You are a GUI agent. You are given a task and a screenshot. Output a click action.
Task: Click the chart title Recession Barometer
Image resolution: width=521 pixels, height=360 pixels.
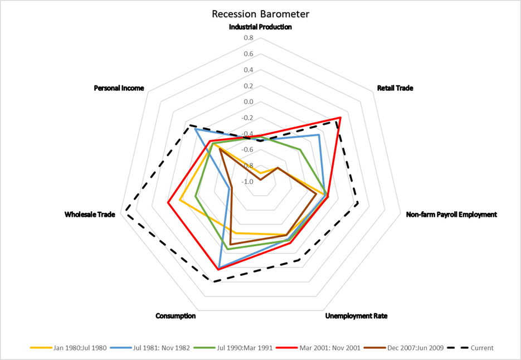260,13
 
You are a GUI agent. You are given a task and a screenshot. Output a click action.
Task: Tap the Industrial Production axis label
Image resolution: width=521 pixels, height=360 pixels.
260,27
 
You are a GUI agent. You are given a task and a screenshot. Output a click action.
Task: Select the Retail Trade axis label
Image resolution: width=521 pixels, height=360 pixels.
395,88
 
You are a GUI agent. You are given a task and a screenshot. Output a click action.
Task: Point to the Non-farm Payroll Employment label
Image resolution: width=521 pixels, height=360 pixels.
451,214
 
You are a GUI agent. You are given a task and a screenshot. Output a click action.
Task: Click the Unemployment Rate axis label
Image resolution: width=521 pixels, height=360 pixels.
356,316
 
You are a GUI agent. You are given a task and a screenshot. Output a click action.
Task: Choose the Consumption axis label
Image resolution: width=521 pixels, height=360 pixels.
176,316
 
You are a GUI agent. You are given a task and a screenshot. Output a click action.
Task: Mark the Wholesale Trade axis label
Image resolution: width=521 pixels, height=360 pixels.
90,214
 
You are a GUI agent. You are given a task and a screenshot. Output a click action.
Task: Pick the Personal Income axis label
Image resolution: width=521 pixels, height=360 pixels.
119,88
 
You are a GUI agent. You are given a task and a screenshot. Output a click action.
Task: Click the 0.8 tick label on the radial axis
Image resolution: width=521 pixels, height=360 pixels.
249,38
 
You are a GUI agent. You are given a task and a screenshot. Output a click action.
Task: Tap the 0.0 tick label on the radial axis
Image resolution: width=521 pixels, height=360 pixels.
249,102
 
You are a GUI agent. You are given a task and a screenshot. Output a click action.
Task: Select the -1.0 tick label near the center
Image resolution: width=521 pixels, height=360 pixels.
248,182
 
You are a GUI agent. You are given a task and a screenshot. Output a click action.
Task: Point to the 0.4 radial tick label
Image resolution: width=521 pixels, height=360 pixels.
249,70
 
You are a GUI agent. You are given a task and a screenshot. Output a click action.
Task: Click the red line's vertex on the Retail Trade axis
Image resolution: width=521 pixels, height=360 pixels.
340,118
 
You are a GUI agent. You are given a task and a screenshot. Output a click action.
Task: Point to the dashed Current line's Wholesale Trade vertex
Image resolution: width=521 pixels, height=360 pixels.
126,211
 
